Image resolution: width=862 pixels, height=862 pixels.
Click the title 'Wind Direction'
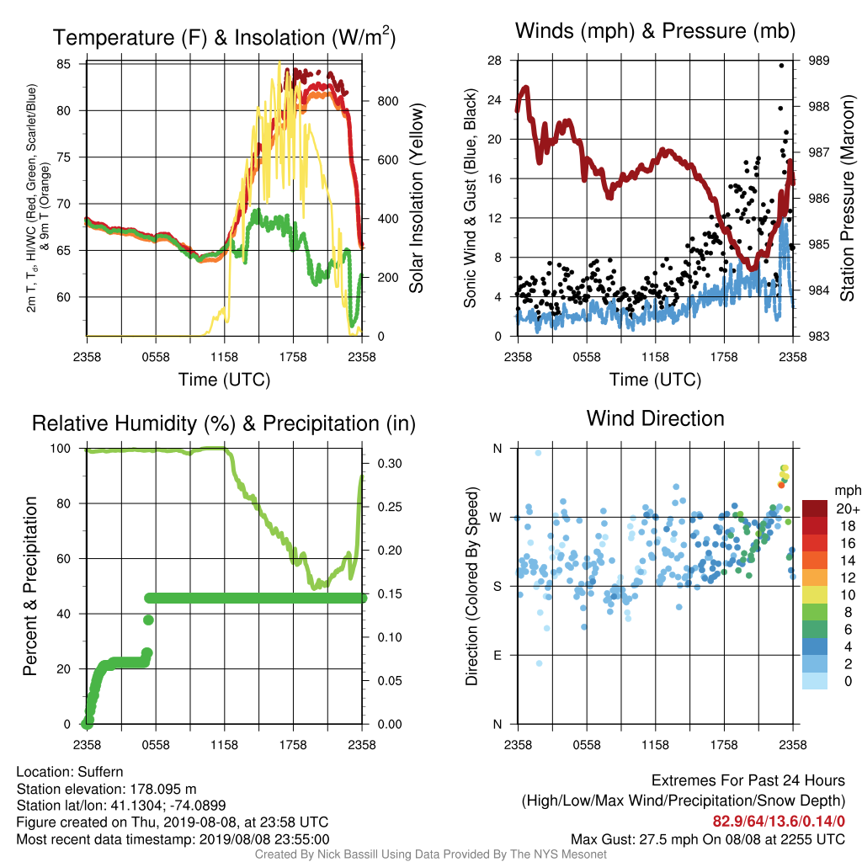point(655,419)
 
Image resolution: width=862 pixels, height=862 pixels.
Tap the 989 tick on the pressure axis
point(818,61)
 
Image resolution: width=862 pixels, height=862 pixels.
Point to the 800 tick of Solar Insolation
point(387,101)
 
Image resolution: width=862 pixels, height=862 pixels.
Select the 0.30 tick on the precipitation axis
point(390,464)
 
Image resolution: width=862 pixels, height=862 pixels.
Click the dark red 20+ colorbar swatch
point(815,508)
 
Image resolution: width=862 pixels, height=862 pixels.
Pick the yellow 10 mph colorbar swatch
point(815,595)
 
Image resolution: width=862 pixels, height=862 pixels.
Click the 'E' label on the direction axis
point(498,655)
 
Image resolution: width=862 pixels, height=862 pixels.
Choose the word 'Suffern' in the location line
point(101,772)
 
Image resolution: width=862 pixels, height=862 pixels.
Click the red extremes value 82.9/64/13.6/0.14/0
point(779,822)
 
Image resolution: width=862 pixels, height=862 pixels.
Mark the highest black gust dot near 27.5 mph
point(781,66)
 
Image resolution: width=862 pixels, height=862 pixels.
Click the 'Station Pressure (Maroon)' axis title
point(847,198)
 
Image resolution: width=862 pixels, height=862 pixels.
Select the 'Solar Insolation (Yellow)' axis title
point(416,198)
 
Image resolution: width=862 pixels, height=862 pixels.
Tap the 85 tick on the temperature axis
point(64,64)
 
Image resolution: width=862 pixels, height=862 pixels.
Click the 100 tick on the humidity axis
point(61,449)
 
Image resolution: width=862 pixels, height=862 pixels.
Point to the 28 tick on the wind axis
point(495,61)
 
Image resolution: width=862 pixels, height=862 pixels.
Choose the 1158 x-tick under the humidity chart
point(224,745)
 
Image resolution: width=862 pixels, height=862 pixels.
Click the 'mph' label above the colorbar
point(847,491)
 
